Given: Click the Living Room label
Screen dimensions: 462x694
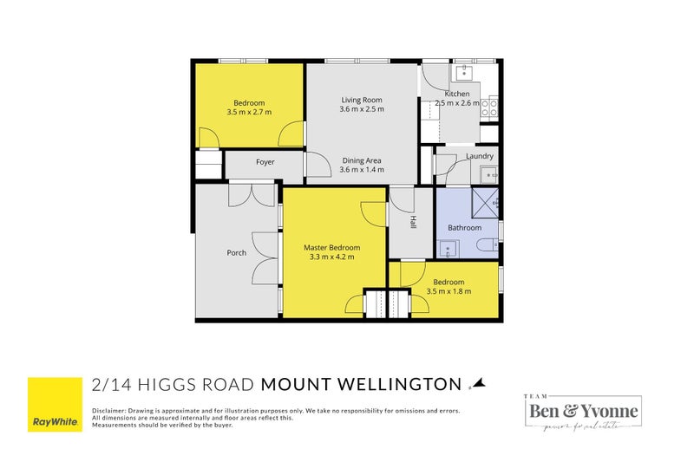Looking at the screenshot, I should [361, 100].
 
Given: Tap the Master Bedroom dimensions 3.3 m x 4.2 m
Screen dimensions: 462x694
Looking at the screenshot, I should [331, 257].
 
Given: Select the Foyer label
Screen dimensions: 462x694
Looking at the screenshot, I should [265, 162].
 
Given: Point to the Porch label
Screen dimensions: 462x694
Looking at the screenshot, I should [236, 253].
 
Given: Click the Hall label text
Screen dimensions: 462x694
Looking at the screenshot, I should [414, 223].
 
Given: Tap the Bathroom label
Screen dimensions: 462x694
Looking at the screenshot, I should [464, 228].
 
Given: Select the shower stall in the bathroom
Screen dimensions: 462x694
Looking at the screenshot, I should [485, 202].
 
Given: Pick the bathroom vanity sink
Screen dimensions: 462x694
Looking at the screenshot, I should [448, 248].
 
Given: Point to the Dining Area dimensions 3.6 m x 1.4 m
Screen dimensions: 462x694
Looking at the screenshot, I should [361, 171].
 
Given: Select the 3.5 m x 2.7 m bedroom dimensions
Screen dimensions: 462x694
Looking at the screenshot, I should [249, 113].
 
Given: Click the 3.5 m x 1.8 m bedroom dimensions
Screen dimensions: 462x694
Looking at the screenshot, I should [448, 291].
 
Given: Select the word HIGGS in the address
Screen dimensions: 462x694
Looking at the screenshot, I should [173, 384].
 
